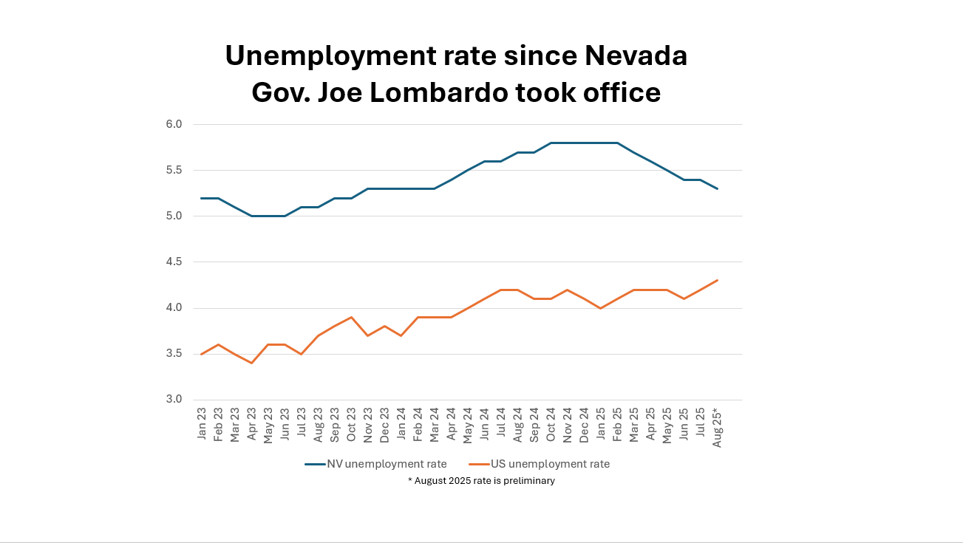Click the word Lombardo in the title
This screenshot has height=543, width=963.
[452, 92]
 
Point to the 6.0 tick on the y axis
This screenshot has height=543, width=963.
[174, 124]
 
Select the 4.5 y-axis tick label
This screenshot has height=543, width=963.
[174, 262]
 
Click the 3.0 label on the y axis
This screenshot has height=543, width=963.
[174, 400]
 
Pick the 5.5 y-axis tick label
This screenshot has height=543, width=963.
[174, 170]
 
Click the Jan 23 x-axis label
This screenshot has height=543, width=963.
[202, 423]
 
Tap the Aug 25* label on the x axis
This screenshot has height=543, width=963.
[716, 426]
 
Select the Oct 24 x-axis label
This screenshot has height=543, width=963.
[551, 423]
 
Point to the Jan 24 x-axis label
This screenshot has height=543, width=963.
[401, 423]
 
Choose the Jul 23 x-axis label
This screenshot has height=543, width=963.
[302, 423]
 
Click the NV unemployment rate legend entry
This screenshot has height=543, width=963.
[376, 464]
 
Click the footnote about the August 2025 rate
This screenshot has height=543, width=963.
[481, 481]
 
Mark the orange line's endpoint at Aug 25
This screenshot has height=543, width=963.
[717, 280]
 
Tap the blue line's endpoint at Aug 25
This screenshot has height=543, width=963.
[717, 188]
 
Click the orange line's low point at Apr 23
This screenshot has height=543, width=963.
[252, 363]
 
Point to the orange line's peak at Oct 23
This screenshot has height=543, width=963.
[352, 317]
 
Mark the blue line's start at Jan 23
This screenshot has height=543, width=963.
[202, 198]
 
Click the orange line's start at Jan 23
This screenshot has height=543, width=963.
[202, 354]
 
